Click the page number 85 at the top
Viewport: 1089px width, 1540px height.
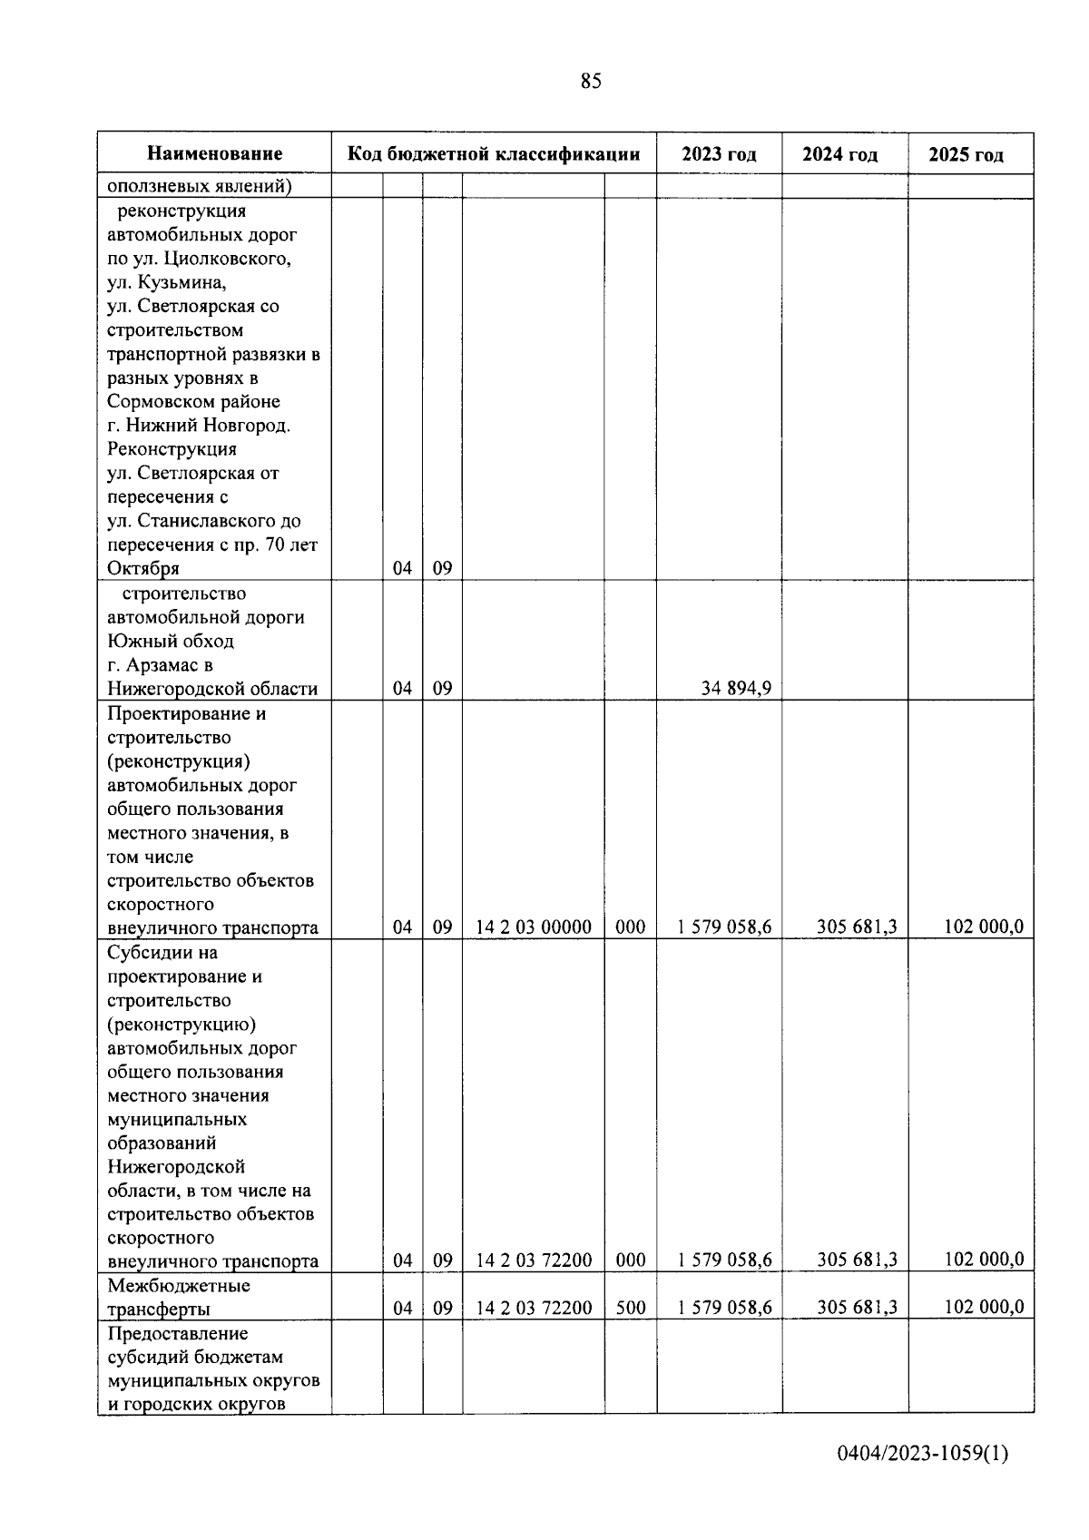[590, 82]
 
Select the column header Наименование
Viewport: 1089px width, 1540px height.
[215, 154]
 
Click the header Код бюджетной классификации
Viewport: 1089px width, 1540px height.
[494, 154]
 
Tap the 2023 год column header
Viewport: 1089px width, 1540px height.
[719, 154]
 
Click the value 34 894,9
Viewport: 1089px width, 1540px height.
[736, 688]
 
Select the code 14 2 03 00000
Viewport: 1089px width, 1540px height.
[534, 927]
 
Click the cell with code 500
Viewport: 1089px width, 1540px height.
[630, 1308]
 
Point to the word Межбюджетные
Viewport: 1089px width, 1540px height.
[179, 1285]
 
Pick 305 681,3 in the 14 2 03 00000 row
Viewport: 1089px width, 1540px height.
[857, 927]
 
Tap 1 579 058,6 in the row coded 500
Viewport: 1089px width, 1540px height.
[724, 1307]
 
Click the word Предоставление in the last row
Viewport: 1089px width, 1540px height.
[178, 1333]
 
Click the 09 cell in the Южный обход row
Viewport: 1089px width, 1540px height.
[442, 689]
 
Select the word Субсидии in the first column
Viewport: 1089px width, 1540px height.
[150, 953]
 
